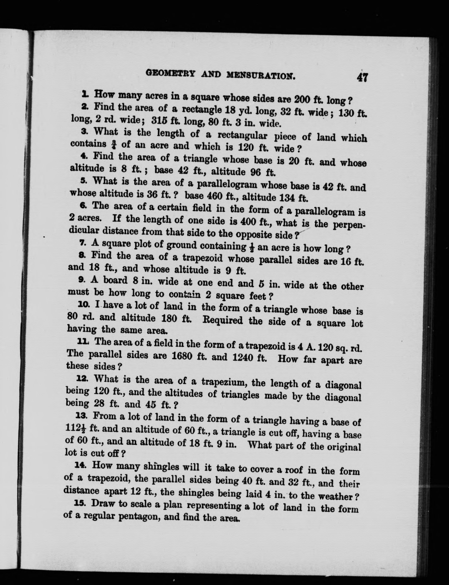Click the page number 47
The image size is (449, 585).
click(362, 77)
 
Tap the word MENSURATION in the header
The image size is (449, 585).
click(261, 76)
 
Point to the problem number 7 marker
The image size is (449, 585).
click(82, 243)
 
